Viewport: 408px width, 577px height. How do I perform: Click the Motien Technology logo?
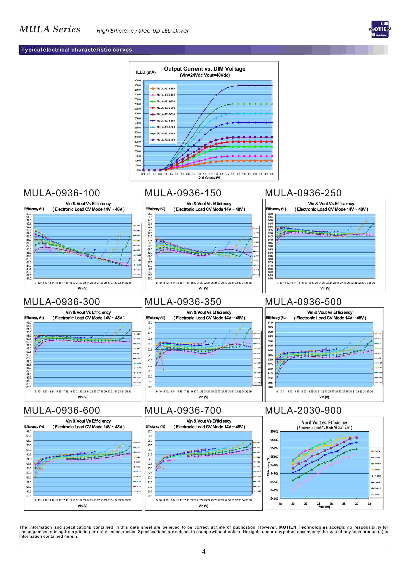coord(380,29)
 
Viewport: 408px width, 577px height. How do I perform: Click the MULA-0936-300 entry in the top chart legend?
coord(166,108)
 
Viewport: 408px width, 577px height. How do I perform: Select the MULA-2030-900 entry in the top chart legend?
coord(166,140)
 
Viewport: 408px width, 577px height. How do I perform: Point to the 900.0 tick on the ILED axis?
coord(137,85)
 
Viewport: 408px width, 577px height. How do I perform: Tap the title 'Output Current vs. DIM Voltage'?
coord(205,69)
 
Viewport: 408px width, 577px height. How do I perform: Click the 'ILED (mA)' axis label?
coord(146,72)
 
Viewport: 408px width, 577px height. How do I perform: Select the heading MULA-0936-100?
coord(62,193)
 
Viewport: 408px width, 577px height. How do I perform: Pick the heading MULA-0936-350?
coord(183,302)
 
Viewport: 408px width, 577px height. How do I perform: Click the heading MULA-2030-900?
coord(303,410)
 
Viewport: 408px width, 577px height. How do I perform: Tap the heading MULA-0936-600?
coord(62,410)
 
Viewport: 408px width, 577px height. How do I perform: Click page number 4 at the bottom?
coord(204,552)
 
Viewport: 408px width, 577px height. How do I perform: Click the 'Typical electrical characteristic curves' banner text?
coord(77,50)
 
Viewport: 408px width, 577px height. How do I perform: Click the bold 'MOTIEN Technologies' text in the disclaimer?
coord(303,527)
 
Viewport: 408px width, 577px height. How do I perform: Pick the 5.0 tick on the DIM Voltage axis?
coord(272,174)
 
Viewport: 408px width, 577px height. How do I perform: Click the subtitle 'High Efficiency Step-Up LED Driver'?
coord(143,31)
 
